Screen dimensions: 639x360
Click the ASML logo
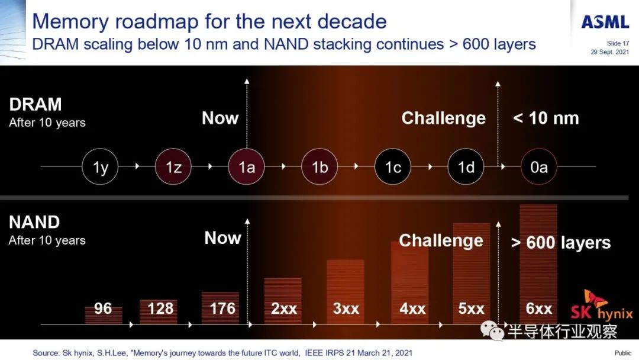pyautogui.click(x=605, y=22)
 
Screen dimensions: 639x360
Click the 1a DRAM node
pyautogui.click(x=247, y=167)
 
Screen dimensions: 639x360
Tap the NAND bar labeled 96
pyautogui.click(x=104, y=316)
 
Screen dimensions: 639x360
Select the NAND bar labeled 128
pyautogui.click(x=159, y=312)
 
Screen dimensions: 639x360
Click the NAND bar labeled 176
pyautogui.click(x=221, y=308)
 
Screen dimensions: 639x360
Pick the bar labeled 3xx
pyautogui.click(x=346, y=292)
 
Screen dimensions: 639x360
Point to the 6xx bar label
pyautogui.click(x=539, y=308)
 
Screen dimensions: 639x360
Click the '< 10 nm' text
pyautogui.click(x=546, y=118)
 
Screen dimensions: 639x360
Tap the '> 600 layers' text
pyautogui.click(x=561, y=243)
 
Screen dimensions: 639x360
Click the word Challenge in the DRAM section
pyautogui.click(x=443, y=118)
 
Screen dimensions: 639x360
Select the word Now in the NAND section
pyautogui.click(x=222, y=237)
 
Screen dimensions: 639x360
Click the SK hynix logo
pyautogui.click(x=602, y=307)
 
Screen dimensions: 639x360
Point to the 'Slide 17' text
pyautogui.click(x=618, y=43)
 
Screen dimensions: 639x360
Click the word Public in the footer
pyautogui.click(x=623, y=353)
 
